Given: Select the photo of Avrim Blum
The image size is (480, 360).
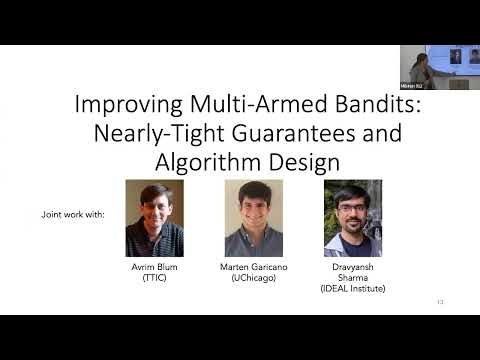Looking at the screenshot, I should click(154, 218).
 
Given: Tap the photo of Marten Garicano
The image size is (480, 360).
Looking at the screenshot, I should click(253, 218).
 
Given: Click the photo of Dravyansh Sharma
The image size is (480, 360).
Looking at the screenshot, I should click(353, 218).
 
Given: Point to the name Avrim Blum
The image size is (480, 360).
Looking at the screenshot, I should click(154, 269).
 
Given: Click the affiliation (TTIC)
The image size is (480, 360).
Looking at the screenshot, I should click(154, 279).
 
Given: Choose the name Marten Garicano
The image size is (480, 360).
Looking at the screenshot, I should click(253, 269).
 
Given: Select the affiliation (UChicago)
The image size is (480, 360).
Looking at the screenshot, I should click(253, 279).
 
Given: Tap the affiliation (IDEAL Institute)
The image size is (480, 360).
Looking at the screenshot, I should click(353, 289).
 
